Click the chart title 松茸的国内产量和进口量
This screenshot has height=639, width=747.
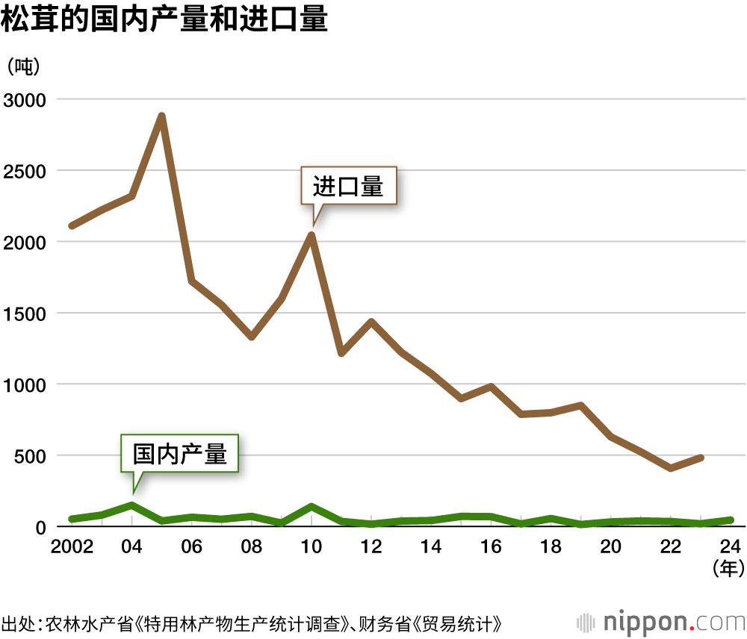[x=165, y=20]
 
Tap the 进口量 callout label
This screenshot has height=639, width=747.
[x=348, y=186]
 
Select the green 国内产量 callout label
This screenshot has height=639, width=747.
[x=179, y=453]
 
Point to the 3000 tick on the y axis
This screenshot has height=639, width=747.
[x=25, y=100]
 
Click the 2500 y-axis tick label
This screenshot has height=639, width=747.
[x=25, y=171]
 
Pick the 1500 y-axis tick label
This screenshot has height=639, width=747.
[x=25, y=314]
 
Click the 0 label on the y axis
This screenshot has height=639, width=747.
[x=41, y=527]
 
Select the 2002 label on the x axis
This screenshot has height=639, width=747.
[x=72, y=547]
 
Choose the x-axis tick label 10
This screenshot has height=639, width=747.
[x=311, y=547]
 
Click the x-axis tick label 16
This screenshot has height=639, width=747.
[x=492, y=547]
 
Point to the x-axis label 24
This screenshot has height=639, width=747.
[x=731, y=547]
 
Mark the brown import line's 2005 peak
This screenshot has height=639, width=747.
[x=161, y=116]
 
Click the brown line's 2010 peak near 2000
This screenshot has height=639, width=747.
[x=311, y=235]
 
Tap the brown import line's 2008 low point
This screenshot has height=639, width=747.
[x=252, y=337]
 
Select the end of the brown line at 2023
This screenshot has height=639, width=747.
[x=701, y=457]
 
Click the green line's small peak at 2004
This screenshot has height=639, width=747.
[x=131, y=505]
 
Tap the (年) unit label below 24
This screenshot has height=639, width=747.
[x=728, y=569]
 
